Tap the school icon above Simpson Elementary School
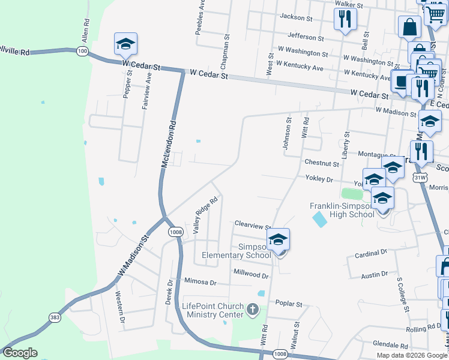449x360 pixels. pos(278,240)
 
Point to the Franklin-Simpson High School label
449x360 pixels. pos(342,210)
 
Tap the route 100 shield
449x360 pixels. pos(82,52)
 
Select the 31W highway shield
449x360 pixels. pos(421,177)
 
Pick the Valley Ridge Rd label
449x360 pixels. pos(205,215)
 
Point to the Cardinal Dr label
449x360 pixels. pos(371,253)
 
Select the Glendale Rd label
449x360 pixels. pos(390,346)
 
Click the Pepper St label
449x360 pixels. pos(127,82)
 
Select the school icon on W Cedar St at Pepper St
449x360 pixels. pos(125,44)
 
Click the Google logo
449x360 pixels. pos(20,353)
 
